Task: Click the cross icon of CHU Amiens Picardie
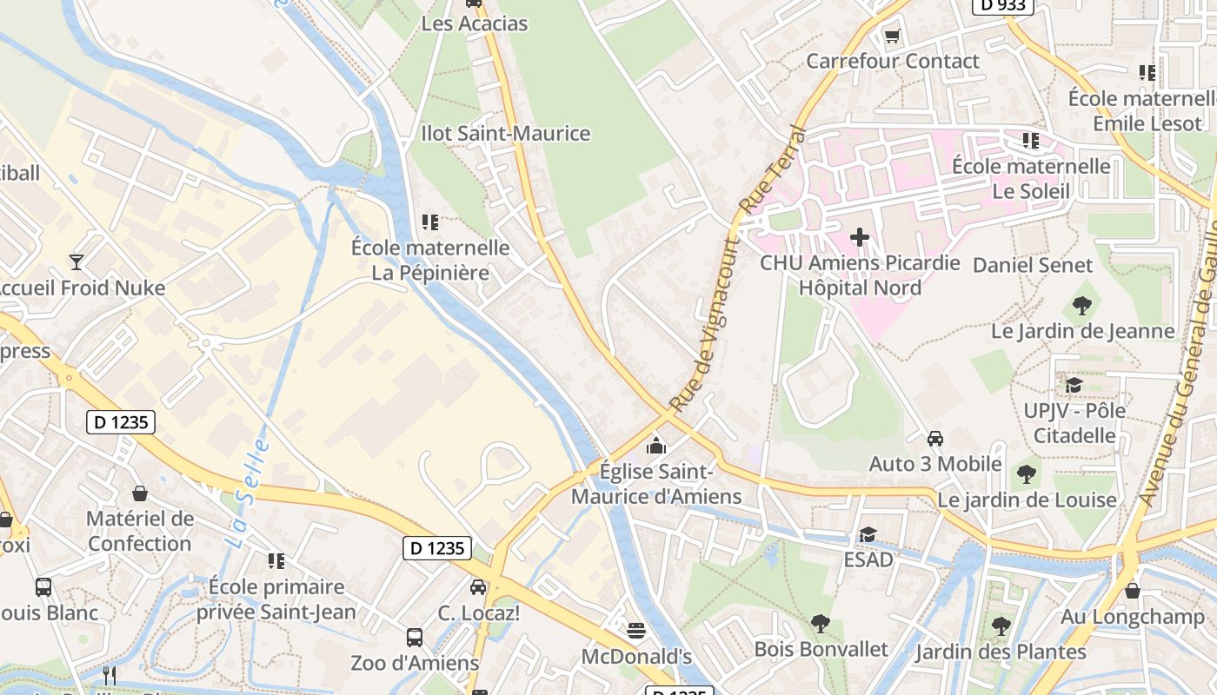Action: click(x=860, y=236)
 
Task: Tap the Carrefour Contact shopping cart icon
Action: click(x=892, y=36)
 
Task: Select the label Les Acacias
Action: click(x=474, y=23)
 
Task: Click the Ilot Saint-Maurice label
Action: click(x=505, y=134)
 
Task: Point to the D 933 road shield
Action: click(x=1002, y=5)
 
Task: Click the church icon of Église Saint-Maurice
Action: click(x=656, y=447)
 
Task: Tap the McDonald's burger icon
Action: click(x=636, y=630)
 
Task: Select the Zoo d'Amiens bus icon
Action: click(x=415, y=638)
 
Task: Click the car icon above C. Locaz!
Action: click(x=478, y=587)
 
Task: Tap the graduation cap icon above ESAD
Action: click(x=867, y=534)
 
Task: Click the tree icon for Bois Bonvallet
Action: click(x=820, y=623)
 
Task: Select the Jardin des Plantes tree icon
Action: click(x=1001, y=625)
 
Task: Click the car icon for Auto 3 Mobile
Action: click(x=935, y=439)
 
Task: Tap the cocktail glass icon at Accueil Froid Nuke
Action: click(x=76, y=261)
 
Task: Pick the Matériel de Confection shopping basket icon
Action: click(x=139, y=494)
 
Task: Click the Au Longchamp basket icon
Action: click(x=1132, y=592)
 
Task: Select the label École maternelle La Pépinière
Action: click(x=430, y=260)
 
